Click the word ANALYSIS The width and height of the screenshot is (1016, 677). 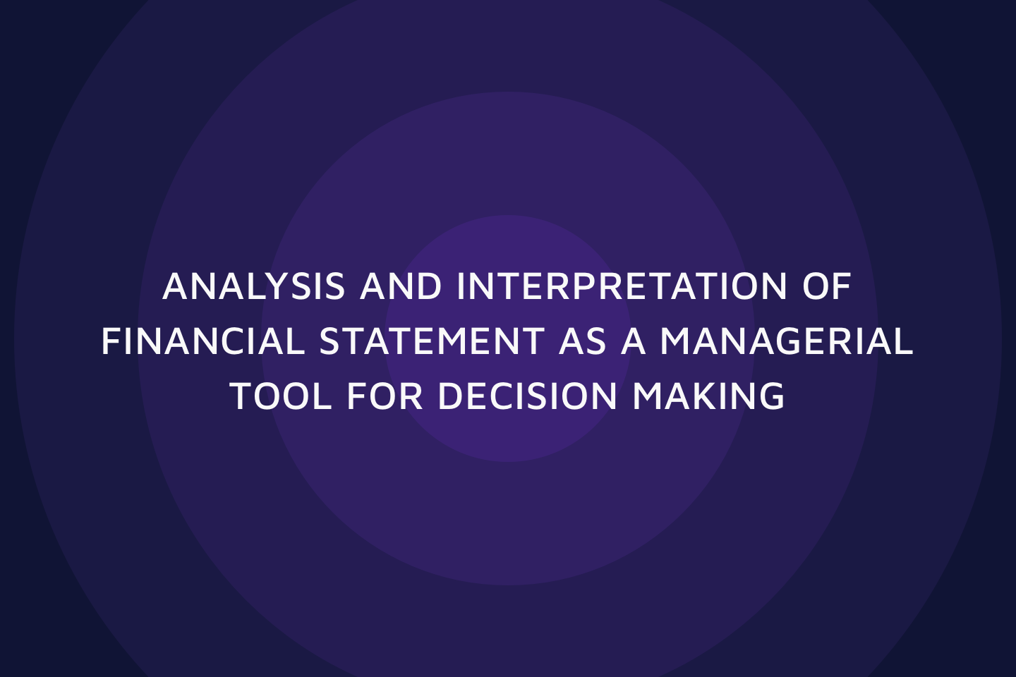253,286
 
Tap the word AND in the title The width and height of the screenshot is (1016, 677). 401,286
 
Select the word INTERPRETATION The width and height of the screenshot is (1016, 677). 622,286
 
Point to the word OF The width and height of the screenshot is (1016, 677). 827,286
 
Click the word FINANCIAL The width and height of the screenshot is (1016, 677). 203,341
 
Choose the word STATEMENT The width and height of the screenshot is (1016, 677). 432,341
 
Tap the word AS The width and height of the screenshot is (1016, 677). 582,341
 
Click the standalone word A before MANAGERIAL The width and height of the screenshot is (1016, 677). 633,341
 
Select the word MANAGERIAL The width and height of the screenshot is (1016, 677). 787,341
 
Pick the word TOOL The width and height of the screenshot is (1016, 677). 281,396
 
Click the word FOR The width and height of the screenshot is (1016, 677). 385,396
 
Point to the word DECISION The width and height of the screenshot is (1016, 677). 527,396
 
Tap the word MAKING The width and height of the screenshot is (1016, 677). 708,396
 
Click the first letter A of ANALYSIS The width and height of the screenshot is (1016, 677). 176,286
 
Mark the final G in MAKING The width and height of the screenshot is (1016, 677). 772,396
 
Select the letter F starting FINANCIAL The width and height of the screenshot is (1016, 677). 111,341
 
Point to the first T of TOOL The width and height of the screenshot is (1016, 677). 242,396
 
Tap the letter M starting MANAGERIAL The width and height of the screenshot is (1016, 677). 675,341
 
